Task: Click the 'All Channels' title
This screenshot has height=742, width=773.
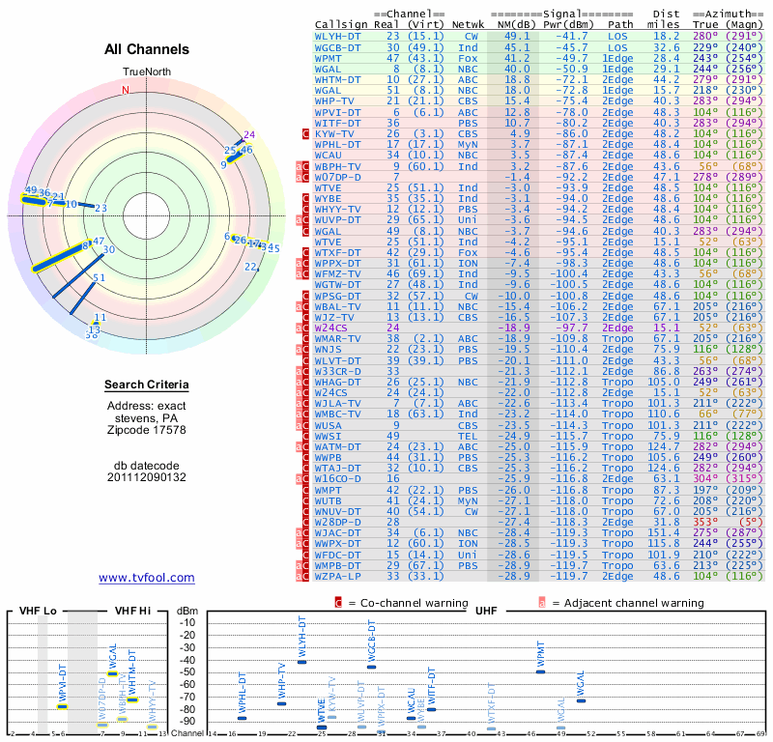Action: pos(147,49)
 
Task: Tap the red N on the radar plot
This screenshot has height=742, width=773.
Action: pos(125,90)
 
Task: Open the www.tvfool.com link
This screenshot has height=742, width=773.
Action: pos(147,578)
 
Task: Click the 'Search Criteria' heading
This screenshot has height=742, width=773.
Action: pos(147,385)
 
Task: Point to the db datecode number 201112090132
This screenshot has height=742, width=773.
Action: pos(147,477)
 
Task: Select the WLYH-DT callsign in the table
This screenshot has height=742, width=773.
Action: pos(338,36)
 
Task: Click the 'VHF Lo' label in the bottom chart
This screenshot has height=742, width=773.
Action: pos(40,611)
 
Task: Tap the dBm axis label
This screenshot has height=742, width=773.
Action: pos(188,611)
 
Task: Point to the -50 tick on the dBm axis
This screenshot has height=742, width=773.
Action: pos(187,671)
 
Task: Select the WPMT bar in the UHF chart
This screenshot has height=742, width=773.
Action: pos(540,671)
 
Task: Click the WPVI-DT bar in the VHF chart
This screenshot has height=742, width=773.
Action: pos(63,706)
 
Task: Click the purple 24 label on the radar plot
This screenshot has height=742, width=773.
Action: pos(249,134)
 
